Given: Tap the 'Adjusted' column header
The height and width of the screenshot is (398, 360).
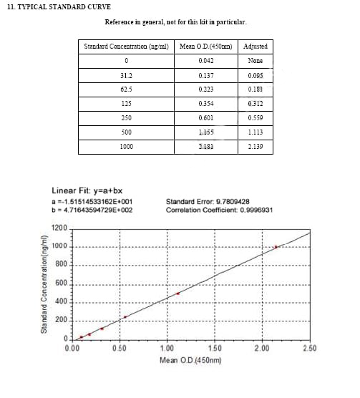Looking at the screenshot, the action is [256, 47].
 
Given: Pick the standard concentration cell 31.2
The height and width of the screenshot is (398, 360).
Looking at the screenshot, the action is [126, 75].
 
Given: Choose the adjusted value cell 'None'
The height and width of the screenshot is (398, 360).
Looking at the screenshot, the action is [256, 61].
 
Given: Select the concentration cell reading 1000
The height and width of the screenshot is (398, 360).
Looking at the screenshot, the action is [126, 147].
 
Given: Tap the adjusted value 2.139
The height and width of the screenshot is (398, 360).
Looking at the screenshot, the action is [256, 147].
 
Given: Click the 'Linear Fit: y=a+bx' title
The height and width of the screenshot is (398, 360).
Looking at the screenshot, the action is [89, 191].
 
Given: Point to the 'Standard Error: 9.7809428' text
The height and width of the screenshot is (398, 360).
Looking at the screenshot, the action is [208, 202].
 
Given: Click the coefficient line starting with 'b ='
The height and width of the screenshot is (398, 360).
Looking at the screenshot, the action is [92, 210].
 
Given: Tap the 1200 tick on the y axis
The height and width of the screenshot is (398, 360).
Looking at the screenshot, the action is [59, 228].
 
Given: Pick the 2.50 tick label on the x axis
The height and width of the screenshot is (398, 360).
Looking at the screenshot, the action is [309, 348].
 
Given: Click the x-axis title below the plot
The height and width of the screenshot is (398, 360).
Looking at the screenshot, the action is [190, 359].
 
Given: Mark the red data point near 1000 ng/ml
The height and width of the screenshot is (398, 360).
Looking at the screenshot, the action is [276, 247].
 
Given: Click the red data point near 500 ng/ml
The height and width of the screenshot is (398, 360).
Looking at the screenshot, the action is [177, 293].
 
